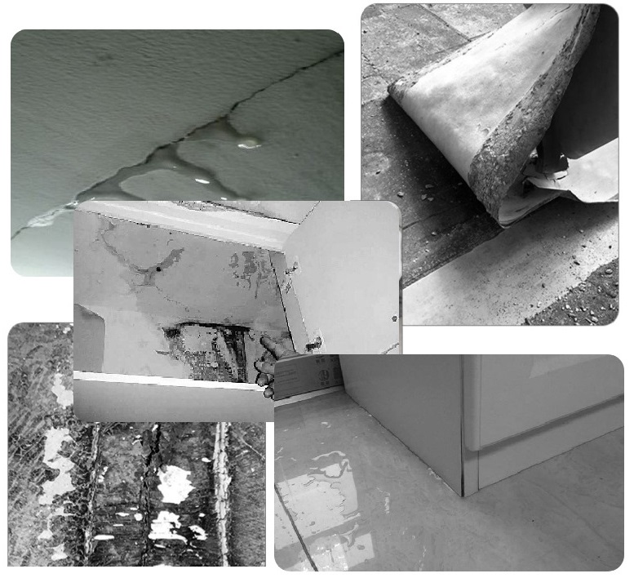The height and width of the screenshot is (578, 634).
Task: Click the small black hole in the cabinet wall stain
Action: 157,268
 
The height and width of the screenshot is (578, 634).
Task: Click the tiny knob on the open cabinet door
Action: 395,318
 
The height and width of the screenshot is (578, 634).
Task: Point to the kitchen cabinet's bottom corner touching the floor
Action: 463,492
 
